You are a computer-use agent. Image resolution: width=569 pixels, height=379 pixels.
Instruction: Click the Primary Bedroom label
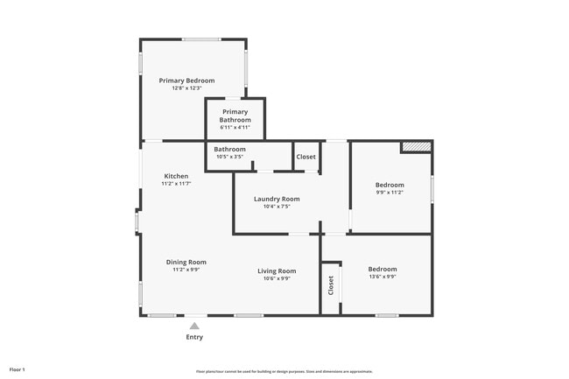(x=186, y=81)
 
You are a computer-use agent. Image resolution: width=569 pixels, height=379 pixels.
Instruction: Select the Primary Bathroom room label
(x=235, y=116)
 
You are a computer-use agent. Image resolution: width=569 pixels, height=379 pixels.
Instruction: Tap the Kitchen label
(x=176, y=176)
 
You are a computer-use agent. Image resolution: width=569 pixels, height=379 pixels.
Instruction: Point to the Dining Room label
(x=186, y=262)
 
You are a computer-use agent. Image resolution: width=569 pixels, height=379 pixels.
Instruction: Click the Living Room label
(x=277, y=270)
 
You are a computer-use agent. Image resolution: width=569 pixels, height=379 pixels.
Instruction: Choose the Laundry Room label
(x=277, y=199)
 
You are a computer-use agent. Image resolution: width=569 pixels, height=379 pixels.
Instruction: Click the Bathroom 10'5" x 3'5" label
(x=229, y=150)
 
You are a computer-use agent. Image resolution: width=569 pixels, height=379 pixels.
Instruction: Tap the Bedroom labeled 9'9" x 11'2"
(x=390, y=185)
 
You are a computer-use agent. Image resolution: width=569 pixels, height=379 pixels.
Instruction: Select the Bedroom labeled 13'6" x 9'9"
(x=382, y=269)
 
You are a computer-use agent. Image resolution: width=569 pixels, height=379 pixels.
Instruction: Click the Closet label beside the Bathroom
(x=306, y=157)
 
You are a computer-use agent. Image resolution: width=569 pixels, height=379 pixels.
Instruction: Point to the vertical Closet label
(x=331, y=285)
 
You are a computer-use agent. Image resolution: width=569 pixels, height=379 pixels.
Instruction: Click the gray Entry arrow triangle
(x=194, y=326)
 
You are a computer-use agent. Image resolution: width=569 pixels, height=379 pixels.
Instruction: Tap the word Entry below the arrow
(x=194, y=337)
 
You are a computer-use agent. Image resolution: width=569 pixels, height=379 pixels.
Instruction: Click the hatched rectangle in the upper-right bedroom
(x=416, y=147)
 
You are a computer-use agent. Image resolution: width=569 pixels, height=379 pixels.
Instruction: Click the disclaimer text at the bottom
(x=284, y=371)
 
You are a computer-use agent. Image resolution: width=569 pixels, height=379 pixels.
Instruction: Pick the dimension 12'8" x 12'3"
(x=186, y=88)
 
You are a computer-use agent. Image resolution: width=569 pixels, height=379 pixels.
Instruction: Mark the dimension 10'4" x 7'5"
(x=277, y=207)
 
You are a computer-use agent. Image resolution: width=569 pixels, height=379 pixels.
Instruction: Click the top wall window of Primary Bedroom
(x=200, y=39)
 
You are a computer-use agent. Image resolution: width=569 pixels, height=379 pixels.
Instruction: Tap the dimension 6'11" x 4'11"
(x=235, y=128)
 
